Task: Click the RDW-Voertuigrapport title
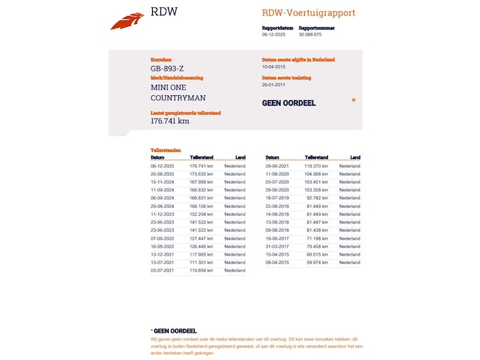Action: pyautogui.click(x=308, y=13)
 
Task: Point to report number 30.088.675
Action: pyautogui.click(x=310, y=34)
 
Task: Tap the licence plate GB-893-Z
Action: pyautogui.click(x=167, y=69)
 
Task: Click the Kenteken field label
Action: pyautogui.click(x=160, y=60)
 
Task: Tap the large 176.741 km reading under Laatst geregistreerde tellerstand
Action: pyautogui.click(x=170, y=120)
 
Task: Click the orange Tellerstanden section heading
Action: pyautogui.click(x=165, y=150)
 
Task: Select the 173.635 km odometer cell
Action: pyautogui.click(x=201, y=174)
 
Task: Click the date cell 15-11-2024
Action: pyautogui.click(x=162, y=181)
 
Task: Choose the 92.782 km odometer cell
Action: pyautogui.click(x=317, y=198)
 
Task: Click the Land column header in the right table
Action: pyautogui.click(x=355, y=158)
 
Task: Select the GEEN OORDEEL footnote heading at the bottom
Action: pyautogui.click(x=175, y=331)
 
